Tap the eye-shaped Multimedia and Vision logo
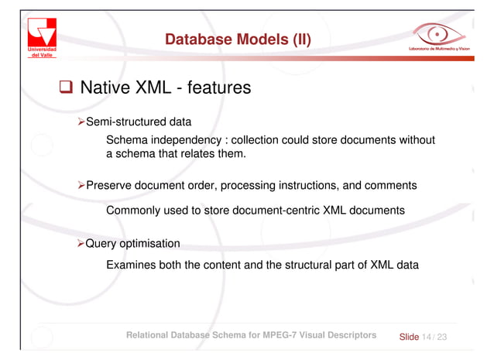tap(441, 36)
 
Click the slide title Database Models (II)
tap(238, 39)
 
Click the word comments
tap(389, 186)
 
